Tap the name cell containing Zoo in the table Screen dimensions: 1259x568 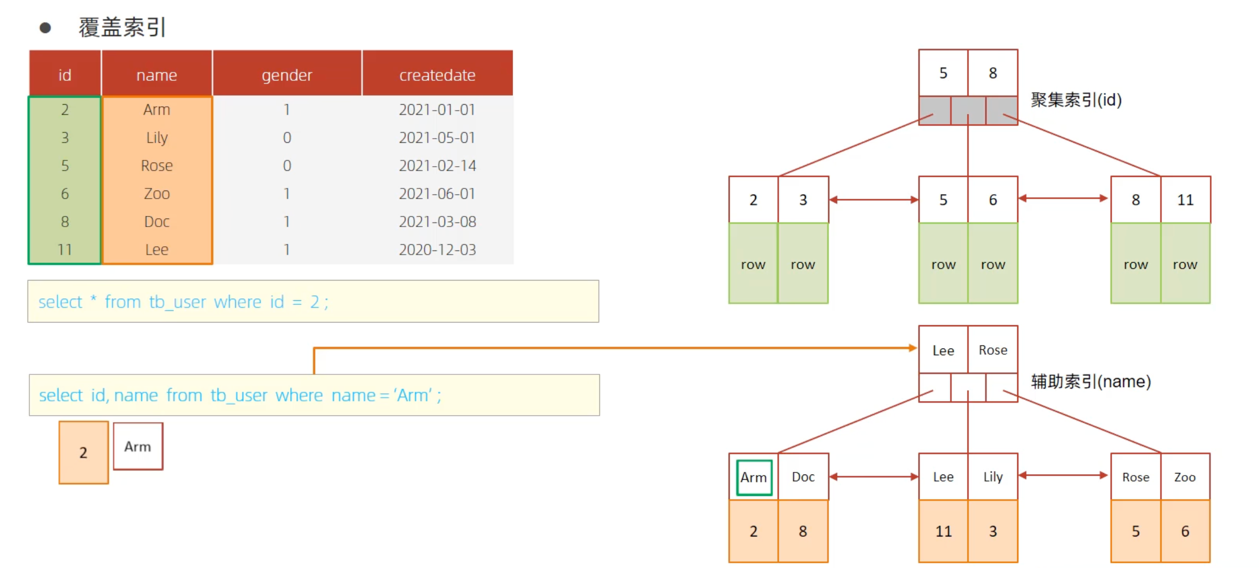point(156,194)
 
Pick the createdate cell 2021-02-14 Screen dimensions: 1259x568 point(437,166)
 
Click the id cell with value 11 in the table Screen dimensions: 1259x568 point(65,249)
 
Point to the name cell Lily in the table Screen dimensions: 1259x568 point(156,138)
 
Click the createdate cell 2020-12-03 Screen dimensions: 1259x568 point(437,249)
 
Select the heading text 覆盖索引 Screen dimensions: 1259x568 point(122,27)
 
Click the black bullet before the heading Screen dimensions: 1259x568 point(45,27)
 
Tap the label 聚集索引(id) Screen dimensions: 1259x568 point(1076,100)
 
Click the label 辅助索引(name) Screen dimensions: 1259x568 point(1091,381)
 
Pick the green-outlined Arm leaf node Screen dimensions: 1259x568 point(754,477)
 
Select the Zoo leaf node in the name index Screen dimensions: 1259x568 point(1185,477)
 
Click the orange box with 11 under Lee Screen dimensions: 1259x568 point(943,531)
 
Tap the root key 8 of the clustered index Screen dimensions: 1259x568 point(993,73)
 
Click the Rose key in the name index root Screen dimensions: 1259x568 point(993,350)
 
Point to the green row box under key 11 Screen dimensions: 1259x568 point(1185,264)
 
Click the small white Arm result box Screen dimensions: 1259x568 point(138,446)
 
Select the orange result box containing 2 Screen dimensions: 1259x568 point(83,452)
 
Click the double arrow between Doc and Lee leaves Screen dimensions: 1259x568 point(874,477)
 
